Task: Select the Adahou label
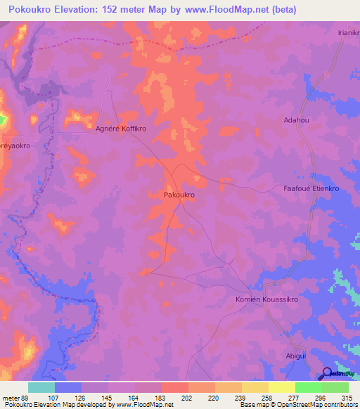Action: (295, 120)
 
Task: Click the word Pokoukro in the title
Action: (33, 10)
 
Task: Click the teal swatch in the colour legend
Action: (41, 387)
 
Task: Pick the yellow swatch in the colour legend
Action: (281, 387)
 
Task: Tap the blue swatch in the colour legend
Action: (68, 387)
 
